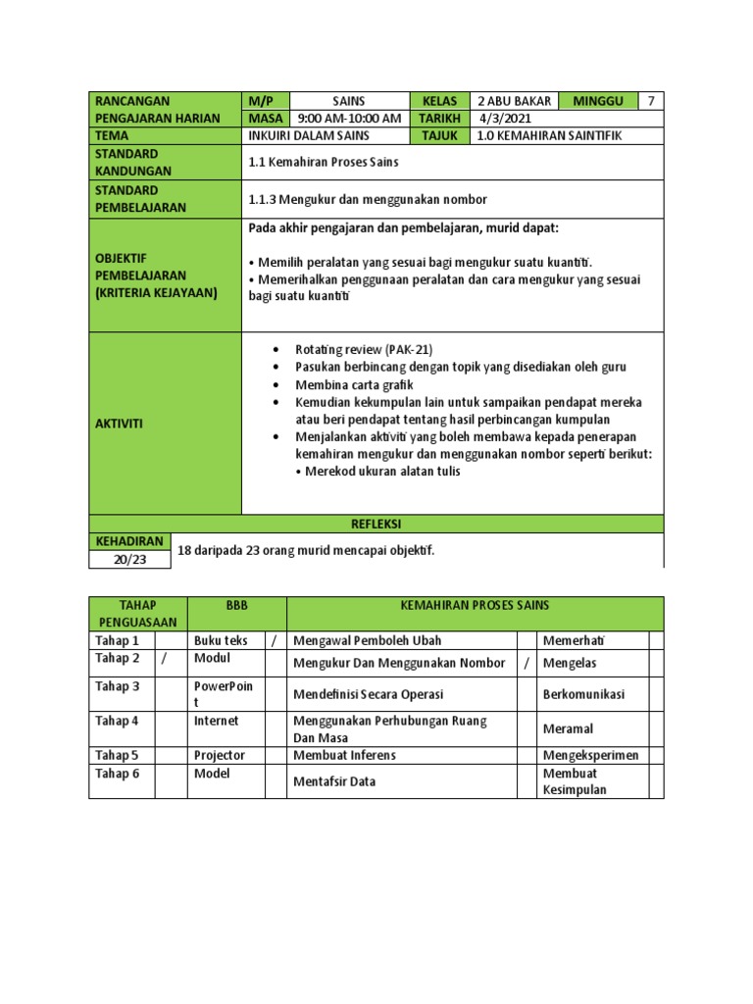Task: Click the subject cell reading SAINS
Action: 348,101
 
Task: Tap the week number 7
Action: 651,101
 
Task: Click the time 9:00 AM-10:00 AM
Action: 348,119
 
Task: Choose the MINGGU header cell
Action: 598,101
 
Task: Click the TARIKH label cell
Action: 439,119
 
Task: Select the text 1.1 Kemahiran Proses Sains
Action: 324,162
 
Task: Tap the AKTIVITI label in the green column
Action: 119,424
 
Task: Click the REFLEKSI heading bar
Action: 376,525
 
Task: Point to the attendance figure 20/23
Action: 129,560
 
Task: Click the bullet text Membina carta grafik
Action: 354,385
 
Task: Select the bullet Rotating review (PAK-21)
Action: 363,349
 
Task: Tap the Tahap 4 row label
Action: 118,721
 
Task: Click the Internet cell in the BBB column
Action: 216,721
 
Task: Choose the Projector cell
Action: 220,755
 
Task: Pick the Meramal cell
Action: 568,728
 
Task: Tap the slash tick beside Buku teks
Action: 274,640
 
